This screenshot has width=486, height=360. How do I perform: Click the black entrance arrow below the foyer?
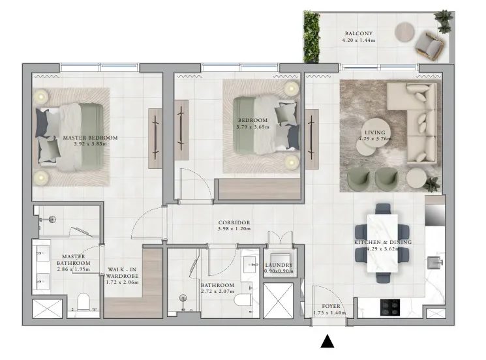pos(328,341)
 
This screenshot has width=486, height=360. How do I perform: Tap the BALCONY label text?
pos(358,34)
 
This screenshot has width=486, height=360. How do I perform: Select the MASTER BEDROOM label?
pos(90,138)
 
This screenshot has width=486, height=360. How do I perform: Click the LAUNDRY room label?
pos(278,265)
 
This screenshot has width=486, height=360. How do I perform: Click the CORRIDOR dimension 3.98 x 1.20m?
pos(234,229)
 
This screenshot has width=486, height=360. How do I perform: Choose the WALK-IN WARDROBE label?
pos(122,275)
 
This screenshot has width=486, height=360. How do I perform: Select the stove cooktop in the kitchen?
pos(391,305)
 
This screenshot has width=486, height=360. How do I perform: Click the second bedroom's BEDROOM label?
pos(252,121)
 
